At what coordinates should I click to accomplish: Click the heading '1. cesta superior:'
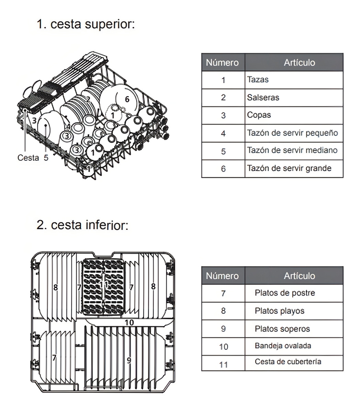coord(86,24)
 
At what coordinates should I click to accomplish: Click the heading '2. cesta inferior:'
coord(82,225)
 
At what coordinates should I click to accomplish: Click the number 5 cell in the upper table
coord(223,151)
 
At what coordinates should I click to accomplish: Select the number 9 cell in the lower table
coord(223,329)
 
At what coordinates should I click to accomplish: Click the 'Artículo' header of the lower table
coord(299,276)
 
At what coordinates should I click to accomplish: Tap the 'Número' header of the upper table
coord(222,62)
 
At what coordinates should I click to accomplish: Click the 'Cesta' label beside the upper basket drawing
coord(28,158)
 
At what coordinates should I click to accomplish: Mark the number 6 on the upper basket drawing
coord(127,99)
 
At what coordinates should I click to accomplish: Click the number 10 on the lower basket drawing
coord(129,322)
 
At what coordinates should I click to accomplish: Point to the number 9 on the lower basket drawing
coord(129,360)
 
